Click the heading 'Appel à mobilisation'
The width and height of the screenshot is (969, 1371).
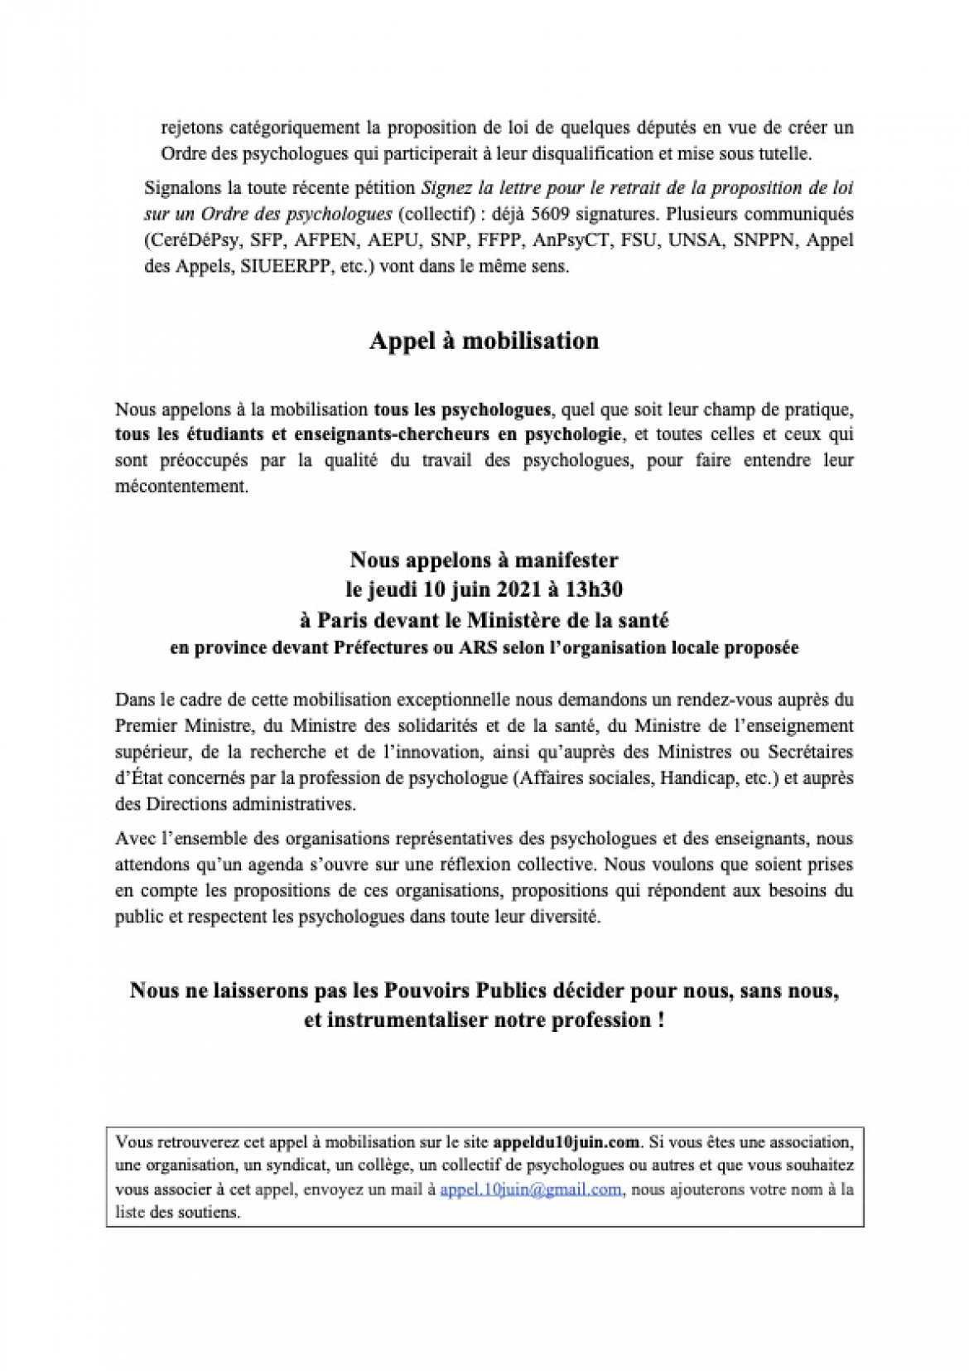tap(484, 341)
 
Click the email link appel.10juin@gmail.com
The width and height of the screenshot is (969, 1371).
tap(530, 1189)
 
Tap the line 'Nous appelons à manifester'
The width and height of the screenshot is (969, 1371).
tap(484, 560)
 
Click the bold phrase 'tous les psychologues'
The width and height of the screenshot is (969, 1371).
tap(462, 409)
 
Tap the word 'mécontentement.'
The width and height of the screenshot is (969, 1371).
tap(181, 487)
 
